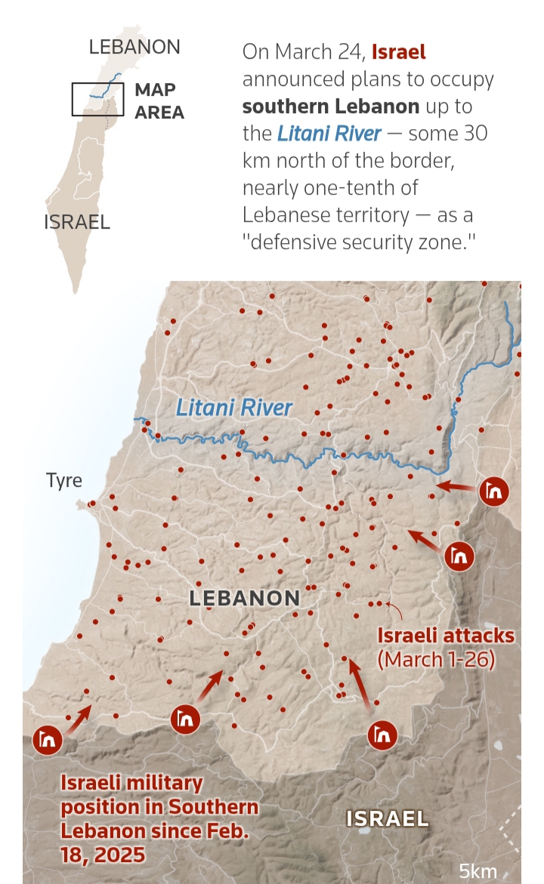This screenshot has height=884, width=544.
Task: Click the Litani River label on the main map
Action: point(233,408)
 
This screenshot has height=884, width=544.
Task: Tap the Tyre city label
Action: point(64,481)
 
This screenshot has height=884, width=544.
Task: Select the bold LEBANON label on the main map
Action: point(245,599)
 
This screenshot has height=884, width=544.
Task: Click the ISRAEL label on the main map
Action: point(387,818)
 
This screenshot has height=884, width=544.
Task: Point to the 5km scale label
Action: point(478,870)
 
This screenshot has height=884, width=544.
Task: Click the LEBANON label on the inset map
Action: point(134,47)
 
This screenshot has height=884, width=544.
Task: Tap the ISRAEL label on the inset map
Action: point(77,222)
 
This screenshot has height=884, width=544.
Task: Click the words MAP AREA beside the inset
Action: point(159,100)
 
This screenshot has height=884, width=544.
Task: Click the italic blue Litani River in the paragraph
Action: point(329,134)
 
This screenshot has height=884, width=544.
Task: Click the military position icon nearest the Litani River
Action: point(494,492)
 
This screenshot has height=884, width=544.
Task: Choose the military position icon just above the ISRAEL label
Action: point(382,734)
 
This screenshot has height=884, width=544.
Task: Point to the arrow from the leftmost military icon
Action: point(79,719)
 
